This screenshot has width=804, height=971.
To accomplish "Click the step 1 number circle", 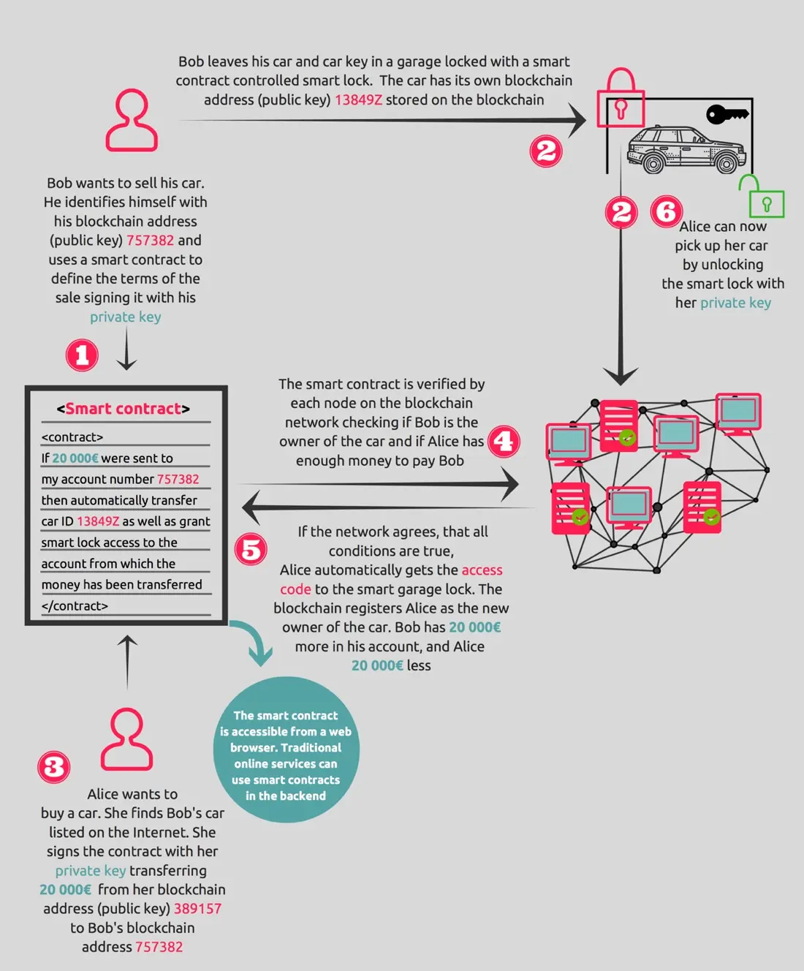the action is pos(82,355).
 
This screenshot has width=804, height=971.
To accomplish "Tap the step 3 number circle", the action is pos(54,767).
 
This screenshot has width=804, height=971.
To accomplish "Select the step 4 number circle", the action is pos(504,442).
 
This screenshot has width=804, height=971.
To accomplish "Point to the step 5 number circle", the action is pos(251,549).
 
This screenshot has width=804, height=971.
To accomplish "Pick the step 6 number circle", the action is pos(667,211).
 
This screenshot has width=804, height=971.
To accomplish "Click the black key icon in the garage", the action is pos(727,114).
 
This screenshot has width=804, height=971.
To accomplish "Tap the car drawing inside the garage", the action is pos(686,149).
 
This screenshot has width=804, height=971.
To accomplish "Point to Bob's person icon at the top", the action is pos(132,121).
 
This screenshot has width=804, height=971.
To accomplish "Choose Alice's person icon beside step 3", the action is pos(127,739).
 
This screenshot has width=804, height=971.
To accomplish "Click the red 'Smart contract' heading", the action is pos(124,408).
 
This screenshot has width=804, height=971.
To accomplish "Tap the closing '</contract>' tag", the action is pos(75,605).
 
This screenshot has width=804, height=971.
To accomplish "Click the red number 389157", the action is pos(197,908).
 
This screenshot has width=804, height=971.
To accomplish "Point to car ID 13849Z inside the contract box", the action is pos(98,521).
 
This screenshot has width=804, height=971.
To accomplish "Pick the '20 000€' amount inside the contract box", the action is pos(75,458).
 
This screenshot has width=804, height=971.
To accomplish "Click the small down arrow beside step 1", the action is pos(126,348).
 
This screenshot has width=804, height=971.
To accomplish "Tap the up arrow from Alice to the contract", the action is pos(127,662).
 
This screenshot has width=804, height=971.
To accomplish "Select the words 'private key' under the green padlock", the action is pos(735,303).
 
